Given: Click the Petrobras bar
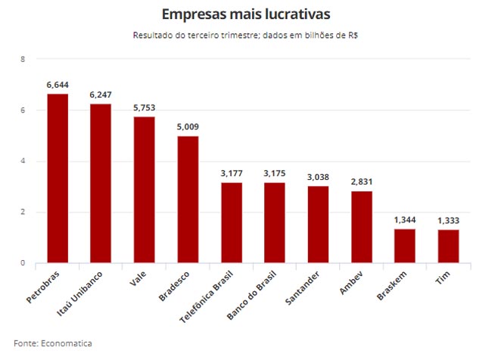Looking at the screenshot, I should tap(58, 178).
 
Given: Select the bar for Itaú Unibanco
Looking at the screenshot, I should tap(101, 184).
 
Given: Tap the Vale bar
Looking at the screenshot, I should tap(144, 190).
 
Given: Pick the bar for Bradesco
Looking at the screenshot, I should tap(188, 200).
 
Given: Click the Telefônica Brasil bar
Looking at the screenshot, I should tap(232, 223).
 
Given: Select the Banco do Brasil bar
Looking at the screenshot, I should tap(275, 223).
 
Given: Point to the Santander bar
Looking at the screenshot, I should tap(318, 225).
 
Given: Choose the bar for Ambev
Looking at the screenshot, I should tap(362, 227).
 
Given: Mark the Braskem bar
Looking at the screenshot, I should tap(405, 246).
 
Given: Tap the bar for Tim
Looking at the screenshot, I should tap(448, 247).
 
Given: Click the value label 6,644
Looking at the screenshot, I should tap(58, 85).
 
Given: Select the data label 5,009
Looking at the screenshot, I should tap(188, 128).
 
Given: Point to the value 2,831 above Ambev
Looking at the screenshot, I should tap(362, 182).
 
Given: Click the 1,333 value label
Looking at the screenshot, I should tap(448, 221).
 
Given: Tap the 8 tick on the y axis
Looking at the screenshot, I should tap(23, 59).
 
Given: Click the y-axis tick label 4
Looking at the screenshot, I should tap(23, 161).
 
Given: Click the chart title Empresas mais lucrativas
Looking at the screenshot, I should tap(246, 14).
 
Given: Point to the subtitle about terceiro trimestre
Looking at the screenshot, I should tap(246, 35).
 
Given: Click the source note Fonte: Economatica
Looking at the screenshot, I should tap(53, 343).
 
